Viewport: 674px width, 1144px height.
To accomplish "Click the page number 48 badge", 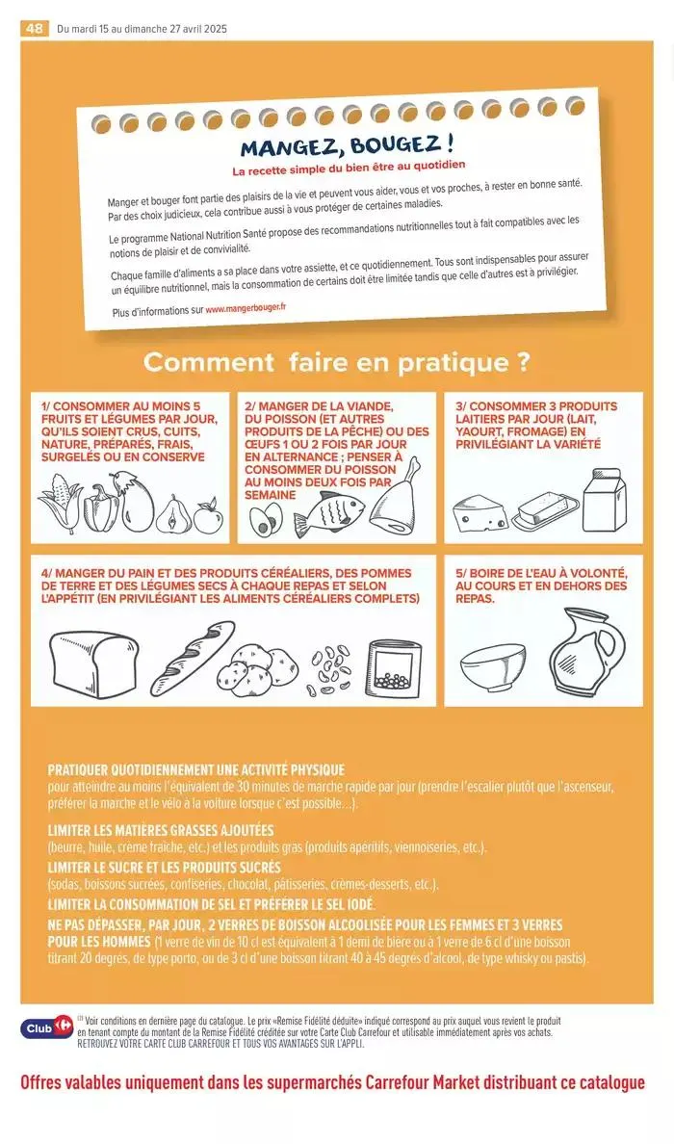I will (x=35, y=29).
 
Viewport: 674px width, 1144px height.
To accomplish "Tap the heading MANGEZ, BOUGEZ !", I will (x=347, y=146).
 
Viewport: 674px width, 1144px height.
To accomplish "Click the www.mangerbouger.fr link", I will (x=246, y=309).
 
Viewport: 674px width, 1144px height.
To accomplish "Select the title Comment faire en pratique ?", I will (x=337, y=363).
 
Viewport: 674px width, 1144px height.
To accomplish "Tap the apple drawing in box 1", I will (x=207, y=516).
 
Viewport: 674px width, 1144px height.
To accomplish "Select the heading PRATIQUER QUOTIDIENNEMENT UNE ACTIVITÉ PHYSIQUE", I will (x=195, y=769).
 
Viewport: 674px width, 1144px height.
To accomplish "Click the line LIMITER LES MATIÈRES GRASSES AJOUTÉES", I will (x=161, y=830).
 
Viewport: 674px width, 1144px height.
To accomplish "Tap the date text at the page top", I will (x=143, y=29).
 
